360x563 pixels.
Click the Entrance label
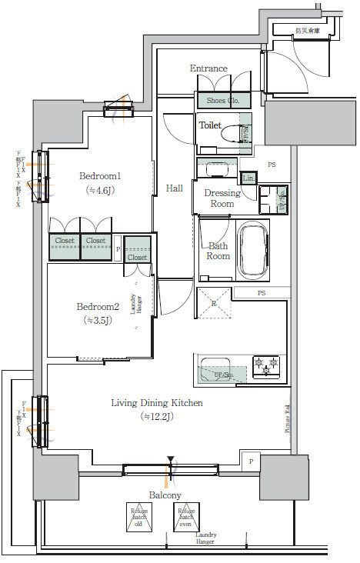coord(208,68)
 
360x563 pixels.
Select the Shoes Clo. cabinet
coord(223,100)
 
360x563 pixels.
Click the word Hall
coord(175,188)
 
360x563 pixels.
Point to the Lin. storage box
coord(248,178)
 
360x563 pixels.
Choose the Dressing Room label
coord(222,198)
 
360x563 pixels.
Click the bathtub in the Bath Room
coord(253,251)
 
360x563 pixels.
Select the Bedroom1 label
coord(100,176)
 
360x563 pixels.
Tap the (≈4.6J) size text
coord(100,191)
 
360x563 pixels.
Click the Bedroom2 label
coord(98,307)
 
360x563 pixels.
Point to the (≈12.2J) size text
coord(157,417)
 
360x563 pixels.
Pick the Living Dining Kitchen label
coord(157,403)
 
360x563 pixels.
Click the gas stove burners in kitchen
coord(267,365)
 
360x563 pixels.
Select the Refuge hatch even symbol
coord(185,518)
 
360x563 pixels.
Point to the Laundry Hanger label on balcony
coord(205,538)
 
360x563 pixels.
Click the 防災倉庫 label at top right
coord(308,31)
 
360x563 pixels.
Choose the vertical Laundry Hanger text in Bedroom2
coord(135,309)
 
